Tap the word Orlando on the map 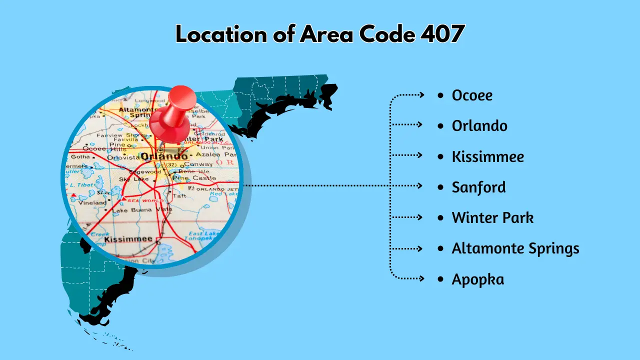click(x=163, y=156)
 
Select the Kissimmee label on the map click(x=128, y=239)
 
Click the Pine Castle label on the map click(x=197, y=177)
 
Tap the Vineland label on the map click(x=93, y=202)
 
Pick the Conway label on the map click(x=198, y=164)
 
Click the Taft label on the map click(x=179, y=196)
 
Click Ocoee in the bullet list click(x=472, y=95)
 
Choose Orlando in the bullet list click(x=479, y=125)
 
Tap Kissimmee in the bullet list click(x=488, y=156)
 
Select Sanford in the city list click(x=478, y=187)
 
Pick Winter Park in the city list click(x=492, y=217)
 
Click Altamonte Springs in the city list click(x=515, y=248)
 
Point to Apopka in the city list click(x=477, y=279)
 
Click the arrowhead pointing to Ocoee click(x=421, y=94)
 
